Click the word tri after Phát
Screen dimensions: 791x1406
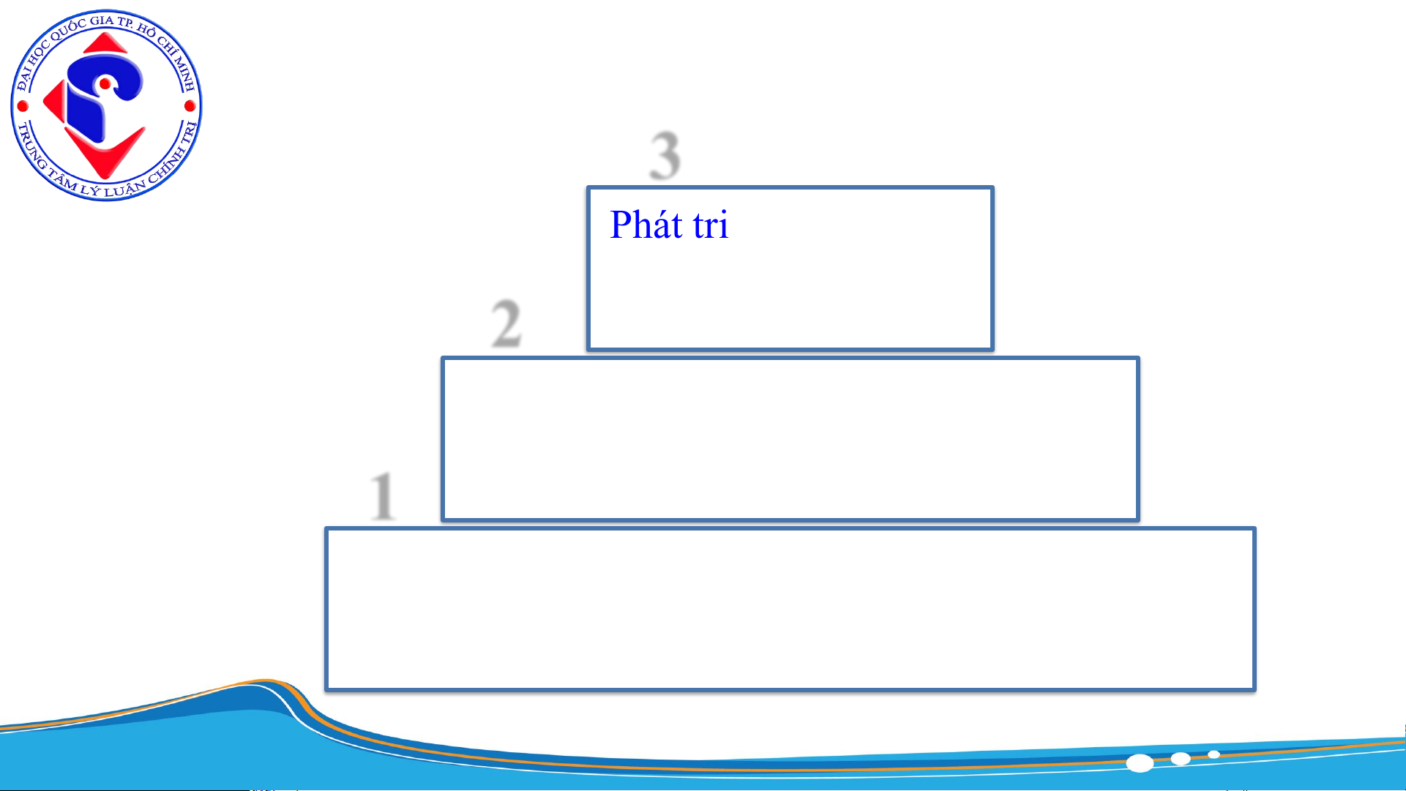(x=711, y=225)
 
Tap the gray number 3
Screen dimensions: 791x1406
(x=665, y=155)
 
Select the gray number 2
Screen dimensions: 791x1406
(x=506, y=323)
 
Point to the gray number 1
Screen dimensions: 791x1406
(x=383, y=495)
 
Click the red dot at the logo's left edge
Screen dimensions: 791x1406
(x=23, y=106)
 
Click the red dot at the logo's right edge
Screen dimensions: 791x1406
(x=190, y=106)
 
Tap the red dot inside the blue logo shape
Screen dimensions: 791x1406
(x=105, y=84)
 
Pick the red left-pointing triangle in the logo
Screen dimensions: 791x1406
(x=54, y=102)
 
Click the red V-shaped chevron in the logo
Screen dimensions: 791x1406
(x=106, y=154)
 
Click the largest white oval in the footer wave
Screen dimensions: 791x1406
(x=1140, y=763)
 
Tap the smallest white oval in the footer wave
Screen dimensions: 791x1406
(x=1214, y=754)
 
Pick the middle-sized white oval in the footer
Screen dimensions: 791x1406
(x=1180, y=758)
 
